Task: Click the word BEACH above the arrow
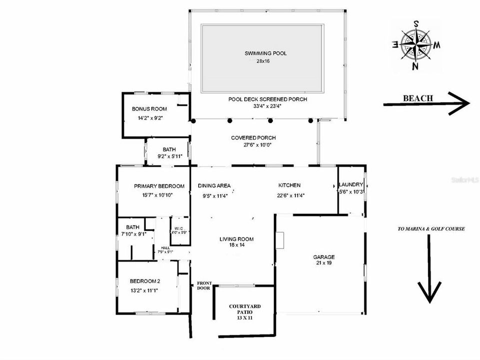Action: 418,98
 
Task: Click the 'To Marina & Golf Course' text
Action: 431,229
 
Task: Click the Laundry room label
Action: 351,184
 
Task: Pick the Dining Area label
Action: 214,185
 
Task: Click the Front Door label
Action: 204,286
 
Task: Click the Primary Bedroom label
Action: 159,186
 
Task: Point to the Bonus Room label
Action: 149,109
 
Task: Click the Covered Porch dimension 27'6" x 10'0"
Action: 253,145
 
